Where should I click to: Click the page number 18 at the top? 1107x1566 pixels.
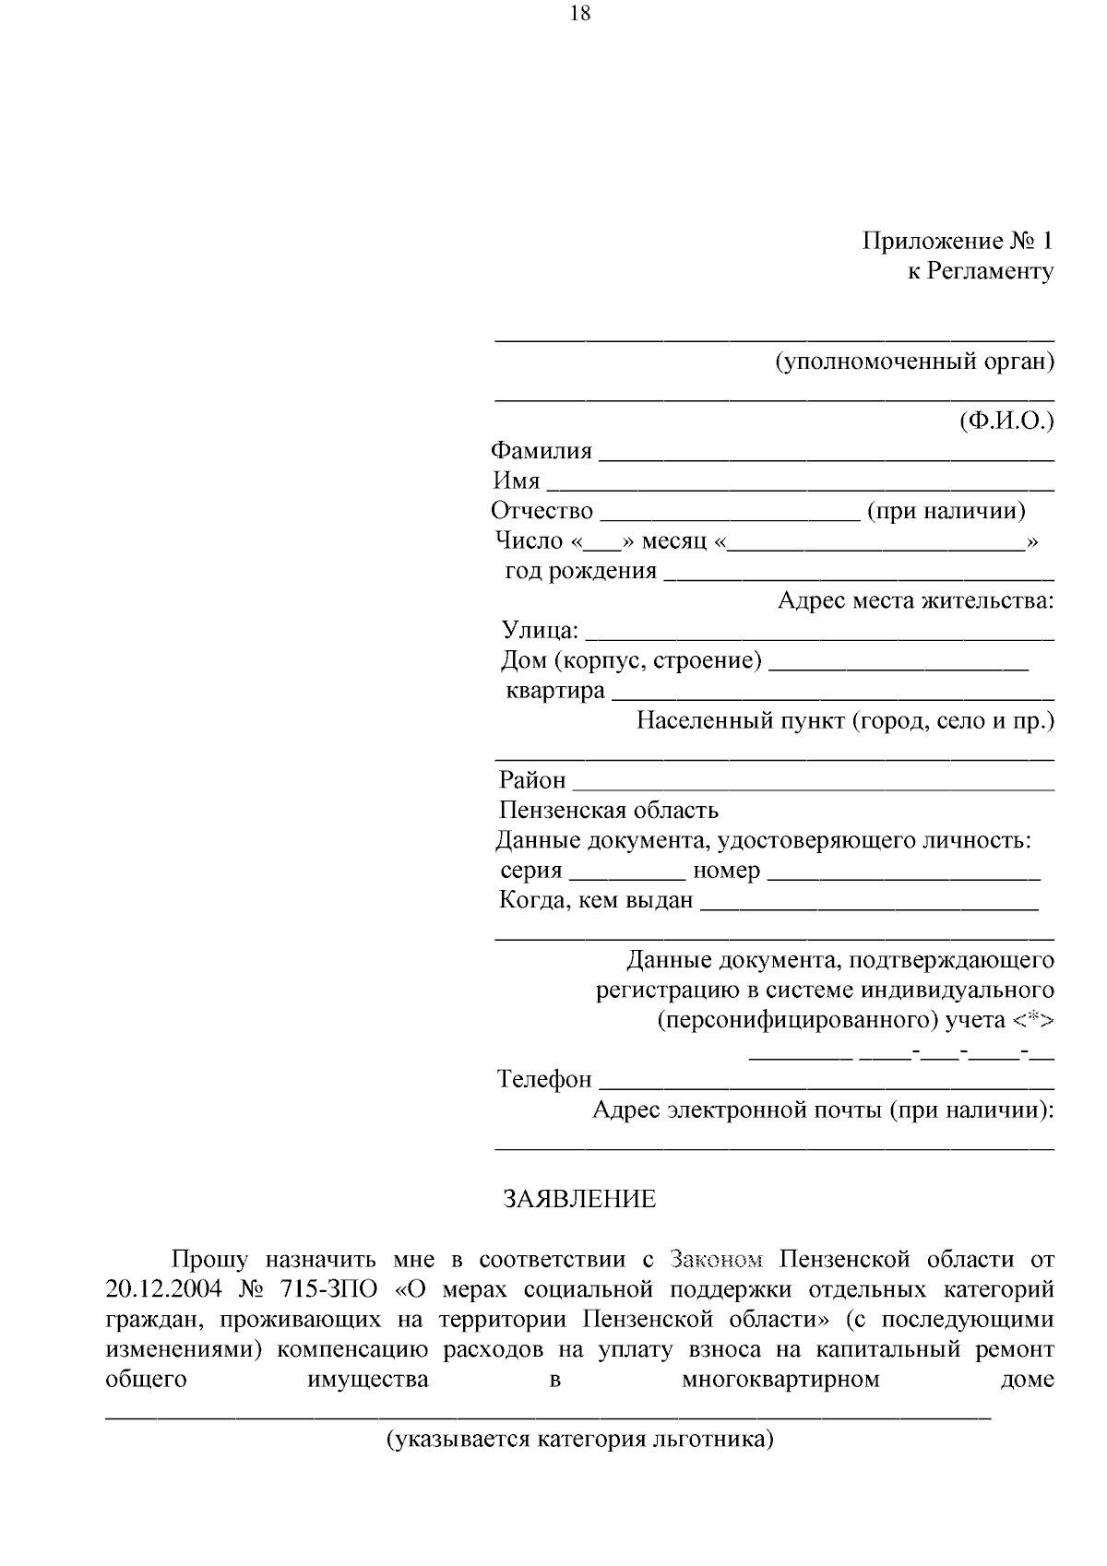[x=580, y=13]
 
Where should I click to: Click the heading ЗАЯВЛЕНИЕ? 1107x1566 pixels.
[x=579, y=1199]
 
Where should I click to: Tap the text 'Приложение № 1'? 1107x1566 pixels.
[x=957, y=242]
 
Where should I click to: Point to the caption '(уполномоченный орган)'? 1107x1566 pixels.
[x=913, y=362]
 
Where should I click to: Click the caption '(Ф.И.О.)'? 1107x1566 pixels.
[x=1006, y=421]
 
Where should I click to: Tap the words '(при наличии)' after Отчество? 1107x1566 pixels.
[x=946, y=511]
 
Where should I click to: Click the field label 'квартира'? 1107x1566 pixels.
[x=554, y=691]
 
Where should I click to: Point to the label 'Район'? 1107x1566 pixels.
[x=532, y=780]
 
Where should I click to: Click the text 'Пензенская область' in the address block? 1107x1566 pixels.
[x=608, y=811]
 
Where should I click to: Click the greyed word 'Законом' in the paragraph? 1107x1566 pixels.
[x=717, y=1260]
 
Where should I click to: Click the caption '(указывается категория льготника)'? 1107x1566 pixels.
[x=579, y=1440]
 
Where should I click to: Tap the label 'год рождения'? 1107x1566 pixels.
[x=580, y=571]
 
